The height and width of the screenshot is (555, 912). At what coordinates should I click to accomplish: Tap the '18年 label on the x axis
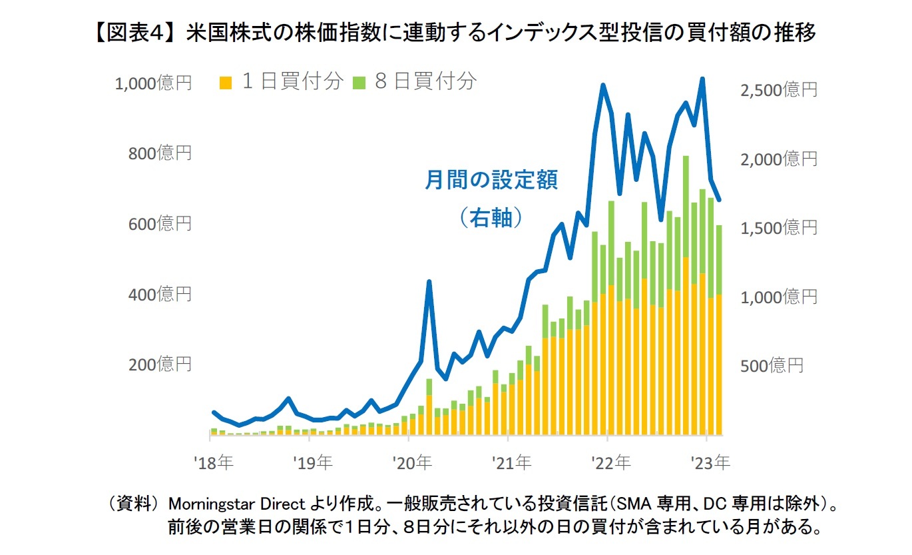(x=214, y=462)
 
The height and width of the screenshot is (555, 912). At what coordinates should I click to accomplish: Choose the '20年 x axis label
(x=413, y=462)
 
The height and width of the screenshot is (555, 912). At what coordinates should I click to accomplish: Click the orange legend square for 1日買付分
(x=227, y=83)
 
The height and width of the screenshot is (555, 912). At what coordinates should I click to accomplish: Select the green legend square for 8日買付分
(x=359, y=83)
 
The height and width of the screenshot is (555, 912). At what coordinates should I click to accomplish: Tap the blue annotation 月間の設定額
(x=491, y=181)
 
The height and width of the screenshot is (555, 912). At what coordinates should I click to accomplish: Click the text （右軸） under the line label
(x=490, y=217)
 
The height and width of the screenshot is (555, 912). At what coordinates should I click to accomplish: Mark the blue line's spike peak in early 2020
(x=429, y=282)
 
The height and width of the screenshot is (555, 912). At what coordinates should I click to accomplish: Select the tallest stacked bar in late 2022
(x=686, y=293)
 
